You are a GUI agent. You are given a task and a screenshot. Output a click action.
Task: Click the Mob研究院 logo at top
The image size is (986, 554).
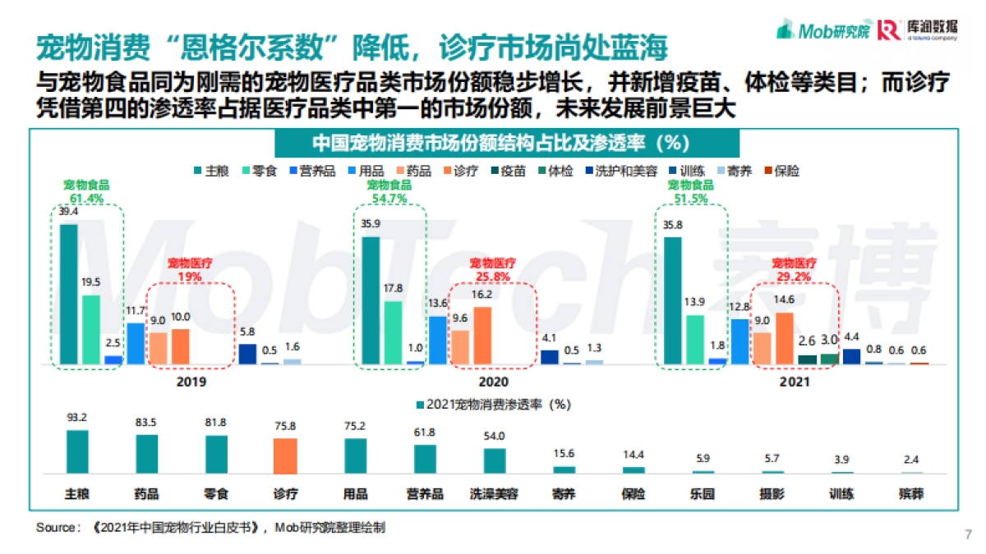(823, 30)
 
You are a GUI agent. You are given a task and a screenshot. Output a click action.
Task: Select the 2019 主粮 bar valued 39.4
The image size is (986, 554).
(69, 294)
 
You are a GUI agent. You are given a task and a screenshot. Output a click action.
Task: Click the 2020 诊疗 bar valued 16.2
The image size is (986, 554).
(482, 335)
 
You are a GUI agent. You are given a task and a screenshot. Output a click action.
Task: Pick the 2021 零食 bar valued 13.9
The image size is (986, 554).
(695, 339)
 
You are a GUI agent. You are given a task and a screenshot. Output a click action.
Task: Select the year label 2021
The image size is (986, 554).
(795, 382)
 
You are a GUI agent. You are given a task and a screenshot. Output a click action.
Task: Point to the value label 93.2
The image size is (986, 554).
(77, 418)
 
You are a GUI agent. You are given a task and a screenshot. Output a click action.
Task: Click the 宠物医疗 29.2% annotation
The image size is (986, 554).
(794, 270)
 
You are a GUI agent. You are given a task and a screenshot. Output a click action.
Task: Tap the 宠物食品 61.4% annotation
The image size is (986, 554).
(87, 191)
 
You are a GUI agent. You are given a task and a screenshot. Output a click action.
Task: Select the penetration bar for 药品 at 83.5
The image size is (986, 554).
(147, 454)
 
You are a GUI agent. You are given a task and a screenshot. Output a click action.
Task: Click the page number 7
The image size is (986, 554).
(966, 535)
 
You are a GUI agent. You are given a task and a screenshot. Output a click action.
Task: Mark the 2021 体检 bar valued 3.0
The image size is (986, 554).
(829, 359)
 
